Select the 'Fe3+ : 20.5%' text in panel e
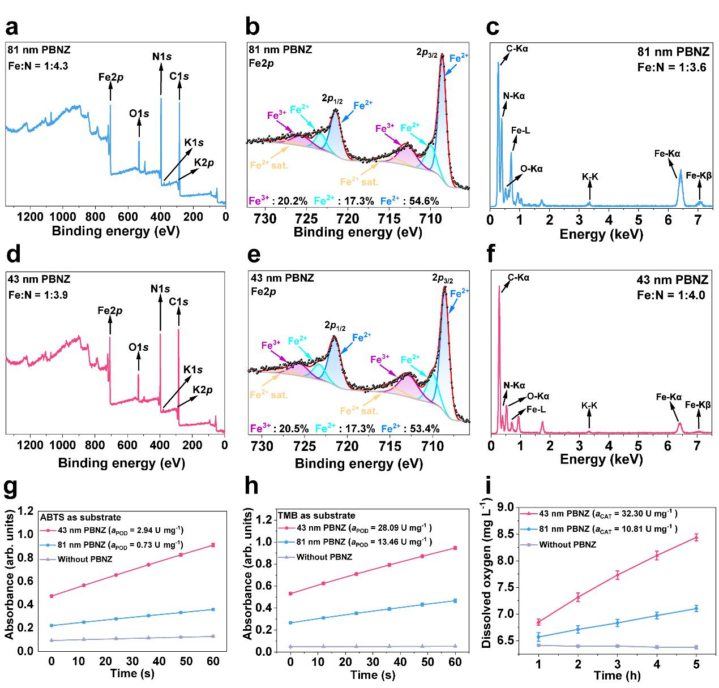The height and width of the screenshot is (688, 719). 279,428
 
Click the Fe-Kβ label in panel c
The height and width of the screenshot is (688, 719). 699,176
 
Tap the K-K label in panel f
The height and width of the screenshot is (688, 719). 589,406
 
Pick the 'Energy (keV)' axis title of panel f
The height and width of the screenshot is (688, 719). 601,459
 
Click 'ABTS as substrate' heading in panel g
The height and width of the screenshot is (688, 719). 80,517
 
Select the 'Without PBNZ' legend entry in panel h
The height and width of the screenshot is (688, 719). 324,557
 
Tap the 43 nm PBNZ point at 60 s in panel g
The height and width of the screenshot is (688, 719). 213,545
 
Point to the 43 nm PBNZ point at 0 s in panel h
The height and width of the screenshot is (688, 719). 290,594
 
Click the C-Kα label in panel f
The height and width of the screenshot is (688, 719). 519,278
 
